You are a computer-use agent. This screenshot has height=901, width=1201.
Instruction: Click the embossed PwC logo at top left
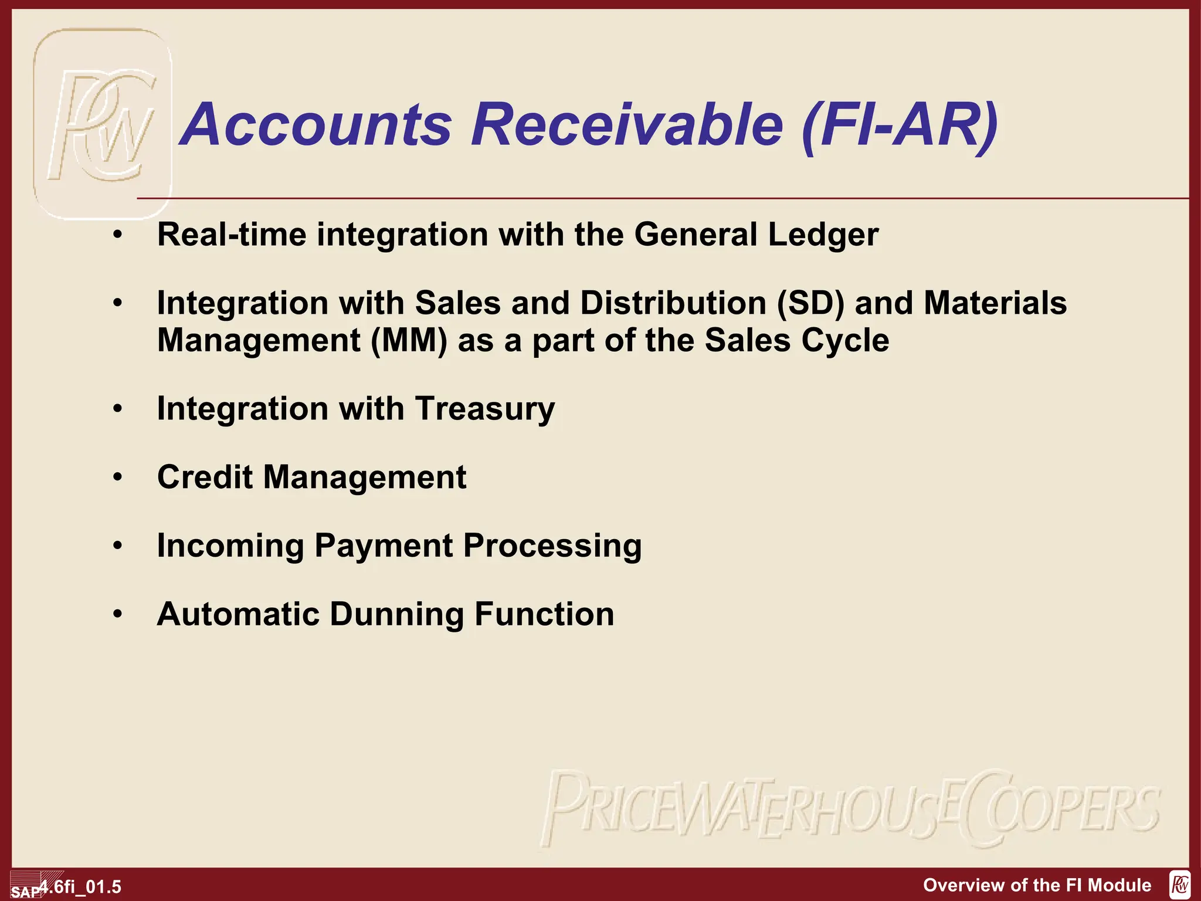point(103,124)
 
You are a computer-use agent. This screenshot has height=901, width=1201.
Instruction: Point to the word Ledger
point(823,235)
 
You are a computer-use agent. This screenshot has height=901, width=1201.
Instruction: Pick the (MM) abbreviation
point(409,341)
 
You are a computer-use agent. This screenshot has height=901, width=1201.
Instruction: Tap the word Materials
point(995,303)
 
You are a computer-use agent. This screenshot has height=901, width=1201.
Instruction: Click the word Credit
point(205,477)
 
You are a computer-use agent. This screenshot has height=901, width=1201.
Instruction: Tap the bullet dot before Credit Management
point(118,477)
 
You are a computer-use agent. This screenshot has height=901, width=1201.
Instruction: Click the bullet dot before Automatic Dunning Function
point(118,614)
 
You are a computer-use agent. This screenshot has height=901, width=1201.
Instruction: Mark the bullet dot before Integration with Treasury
point(118,409)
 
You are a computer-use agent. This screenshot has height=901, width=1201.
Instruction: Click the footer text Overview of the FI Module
point(1037,885)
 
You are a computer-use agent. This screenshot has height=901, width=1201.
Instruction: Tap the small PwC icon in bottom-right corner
point(1180,885)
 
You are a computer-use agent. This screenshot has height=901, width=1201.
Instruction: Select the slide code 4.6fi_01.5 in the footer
point(81,886)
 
